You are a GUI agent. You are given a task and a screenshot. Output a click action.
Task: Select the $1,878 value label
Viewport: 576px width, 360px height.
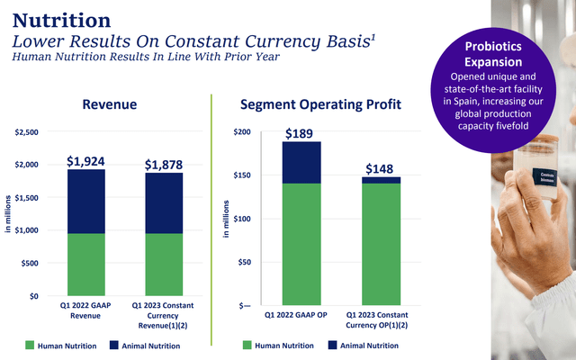point(165,165)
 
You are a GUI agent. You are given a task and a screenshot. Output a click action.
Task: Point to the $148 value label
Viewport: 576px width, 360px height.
point(379,168)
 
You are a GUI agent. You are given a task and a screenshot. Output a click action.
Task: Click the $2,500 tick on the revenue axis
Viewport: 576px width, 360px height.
point(25,132)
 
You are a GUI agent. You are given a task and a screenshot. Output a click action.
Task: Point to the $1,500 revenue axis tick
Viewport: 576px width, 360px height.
point(25,198)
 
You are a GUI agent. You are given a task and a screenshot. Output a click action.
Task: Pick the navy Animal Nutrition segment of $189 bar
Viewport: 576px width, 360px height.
point(301,163)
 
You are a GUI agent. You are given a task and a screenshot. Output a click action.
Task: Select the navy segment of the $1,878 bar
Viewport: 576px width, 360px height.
point(165,203)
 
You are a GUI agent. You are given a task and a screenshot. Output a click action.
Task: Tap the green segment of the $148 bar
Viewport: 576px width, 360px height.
point(379,244)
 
